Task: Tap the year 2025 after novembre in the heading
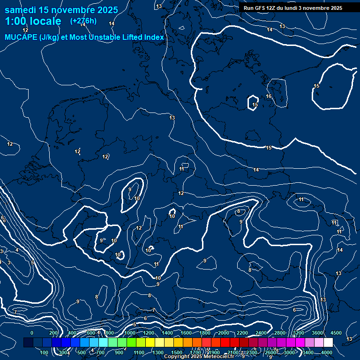click(106, 9)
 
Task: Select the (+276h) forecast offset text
click(83, 21)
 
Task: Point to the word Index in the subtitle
click(153, 37)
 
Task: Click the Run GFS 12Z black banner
click(293, 8)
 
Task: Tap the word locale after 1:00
click(45, 21)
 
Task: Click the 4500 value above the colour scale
click(336, 332)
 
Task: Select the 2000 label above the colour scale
click(224, 332)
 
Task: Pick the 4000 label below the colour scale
click(327, 352)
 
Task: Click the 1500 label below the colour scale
click(177, 352)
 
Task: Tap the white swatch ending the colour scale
click(328, 343)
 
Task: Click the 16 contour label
click(269, 96)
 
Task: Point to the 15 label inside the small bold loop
click(255, 105)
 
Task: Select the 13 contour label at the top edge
click(159, 6)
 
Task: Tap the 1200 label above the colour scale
click(149, 332)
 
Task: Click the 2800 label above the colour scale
click(280, 332)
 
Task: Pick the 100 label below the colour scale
click(45, 352)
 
